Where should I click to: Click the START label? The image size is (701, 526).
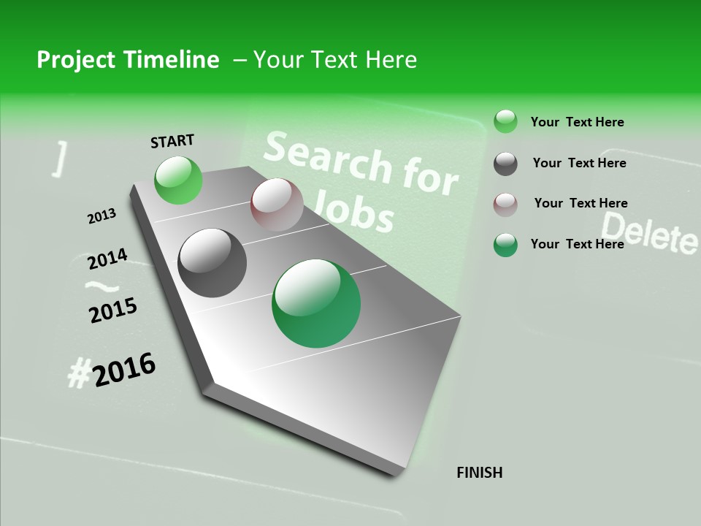172,141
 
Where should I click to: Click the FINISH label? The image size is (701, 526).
479,473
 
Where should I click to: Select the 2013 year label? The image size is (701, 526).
101,216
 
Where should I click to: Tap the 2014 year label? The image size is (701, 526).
107,259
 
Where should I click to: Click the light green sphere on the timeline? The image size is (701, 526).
179,180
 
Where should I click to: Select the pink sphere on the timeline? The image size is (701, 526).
277,205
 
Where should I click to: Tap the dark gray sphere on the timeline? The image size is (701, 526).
212,263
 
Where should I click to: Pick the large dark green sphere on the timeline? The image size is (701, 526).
316,303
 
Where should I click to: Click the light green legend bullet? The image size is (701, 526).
505,121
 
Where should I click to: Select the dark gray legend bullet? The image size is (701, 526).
505,164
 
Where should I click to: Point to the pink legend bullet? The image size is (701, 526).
505,204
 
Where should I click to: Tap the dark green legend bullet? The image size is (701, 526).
505,245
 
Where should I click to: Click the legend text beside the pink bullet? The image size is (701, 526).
581,203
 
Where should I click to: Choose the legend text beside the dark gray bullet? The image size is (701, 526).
579,163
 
